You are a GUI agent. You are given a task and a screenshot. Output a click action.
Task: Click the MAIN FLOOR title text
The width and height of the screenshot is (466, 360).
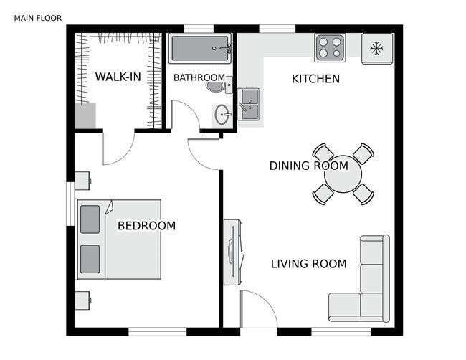tap(38, 17)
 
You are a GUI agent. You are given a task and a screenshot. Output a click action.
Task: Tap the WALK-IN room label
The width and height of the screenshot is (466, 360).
tap(118, 77)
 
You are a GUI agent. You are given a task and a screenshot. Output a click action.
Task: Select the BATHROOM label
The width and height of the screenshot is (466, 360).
tap(199, 77)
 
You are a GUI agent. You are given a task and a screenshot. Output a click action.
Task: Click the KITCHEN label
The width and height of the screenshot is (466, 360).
tap(315, 79)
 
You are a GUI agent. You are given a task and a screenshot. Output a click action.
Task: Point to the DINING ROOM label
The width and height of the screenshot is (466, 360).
tap(308, 166)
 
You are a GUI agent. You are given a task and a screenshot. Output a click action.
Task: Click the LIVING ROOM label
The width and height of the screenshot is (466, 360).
tap(308, 264)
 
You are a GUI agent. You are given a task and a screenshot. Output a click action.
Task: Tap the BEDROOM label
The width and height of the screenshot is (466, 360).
tap(146, 226)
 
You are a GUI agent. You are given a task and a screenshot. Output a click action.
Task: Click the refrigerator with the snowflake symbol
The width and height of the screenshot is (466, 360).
tap(376, 49)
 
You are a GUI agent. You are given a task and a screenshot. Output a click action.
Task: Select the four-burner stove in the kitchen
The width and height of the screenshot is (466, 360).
tap(330, 48)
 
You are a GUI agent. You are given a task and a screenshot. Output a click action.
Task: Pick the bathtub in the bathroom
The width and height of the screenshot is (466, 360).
tap(200, 49)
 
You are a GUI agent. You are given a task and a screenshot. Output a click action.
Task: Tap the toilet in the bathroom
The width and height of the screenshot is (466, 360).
tap(217, 87)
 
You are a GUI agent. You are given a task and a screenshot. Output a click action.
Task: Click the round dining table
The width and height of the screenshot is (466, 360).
tap(343, 173)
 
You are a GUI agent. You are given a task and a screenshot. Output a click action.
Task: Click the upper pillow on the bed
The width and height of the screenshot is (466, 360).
tap(90, 219)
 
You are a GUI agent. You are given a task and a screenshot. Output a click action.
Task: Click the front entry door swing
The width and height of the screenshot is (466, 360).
tap(258, 308)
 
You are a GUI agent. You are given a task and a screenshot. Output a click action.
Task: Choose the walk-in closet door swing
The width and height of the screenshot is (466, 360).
tap(119, 148)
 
